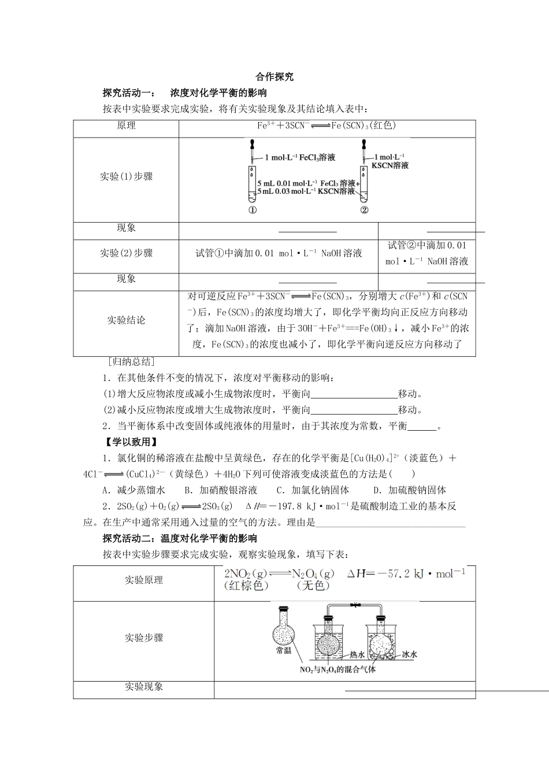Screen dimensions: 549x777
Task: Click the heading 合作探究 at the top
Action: coord(274,77)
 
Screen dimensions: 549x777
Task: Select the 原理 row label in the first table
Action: coord(126,126)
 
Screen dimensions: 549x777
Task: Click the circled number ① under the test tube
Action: coord(252,210)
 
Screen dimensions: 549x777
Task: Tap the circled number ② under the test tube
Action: coord(363,210)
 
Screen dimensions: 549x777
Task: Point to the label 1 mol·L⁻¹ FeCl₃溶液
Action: coord(300,157)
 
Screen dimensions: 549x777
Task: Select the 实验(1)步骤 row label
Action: coord(126,177)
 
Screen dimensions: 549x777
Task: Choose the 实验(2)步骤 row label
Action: coord(126,253)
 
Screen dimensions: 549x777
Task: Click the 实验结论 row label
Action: coord(126,320)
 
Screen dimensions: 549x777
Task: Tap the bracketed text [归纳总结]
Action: coord(131,362)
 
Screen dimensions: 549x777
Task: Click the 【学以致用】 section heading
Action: coord(129,442)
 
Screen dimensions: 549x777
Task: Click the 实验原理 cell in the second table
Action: coord(144,580)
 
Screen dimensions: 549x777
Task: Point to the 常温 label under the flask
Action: coord(284,650)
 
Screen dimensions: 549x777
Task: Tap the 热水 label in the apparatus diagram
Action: coord(357,655)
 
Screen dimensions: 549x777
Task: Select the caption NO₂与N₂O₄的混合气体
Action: coord(337,669)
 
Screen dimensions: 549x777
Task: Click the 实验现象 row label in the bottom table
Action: coord(144,687)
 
